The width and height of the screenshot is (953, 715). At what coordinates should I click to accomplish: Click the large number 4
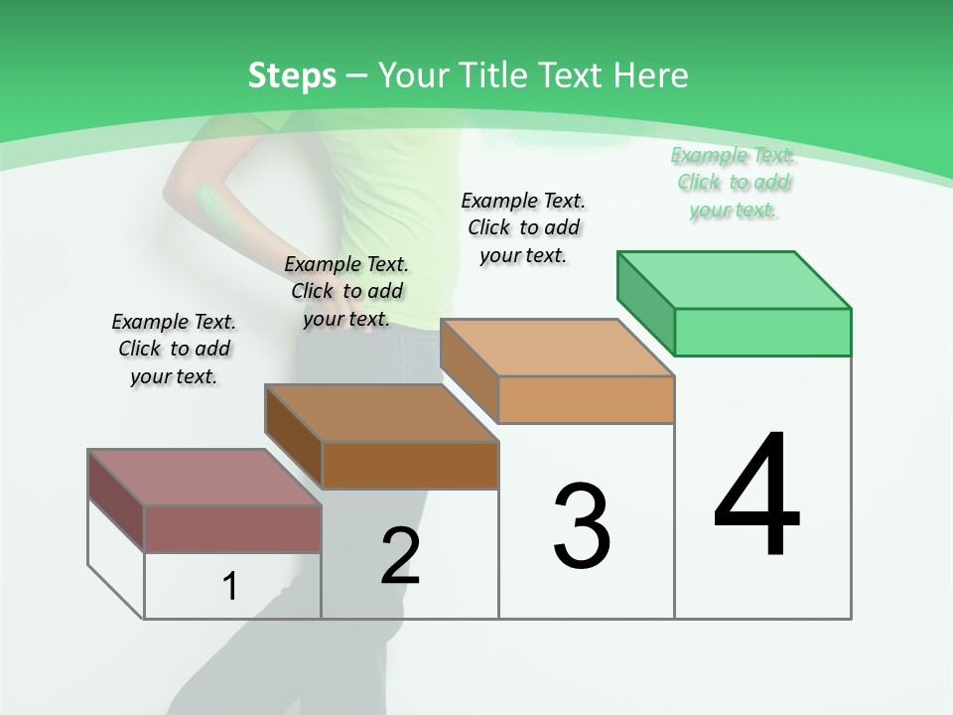pyautogui.click(x=757, y=496)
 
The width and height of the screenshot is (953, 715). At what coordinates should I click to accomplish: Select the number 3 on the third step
pyautogui.click(x=582, y=525)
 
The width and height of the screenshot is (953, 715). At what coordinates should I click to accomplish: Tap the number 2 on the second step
pyautogui.click(x=400, y=556)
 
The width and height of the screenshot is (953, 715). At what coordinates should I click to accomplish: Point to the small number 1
pyautogui.click(x=230, y=587)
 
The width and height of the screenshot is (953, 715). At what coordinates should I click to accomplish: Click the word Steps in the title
pyautogui.click(x=292, y=75)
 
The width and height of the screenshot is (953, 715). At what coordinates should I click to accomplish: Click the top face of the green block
pyautogui.click(x=735, y=280)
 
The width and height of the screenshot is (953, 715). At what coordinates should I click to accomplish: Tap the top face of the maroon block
pyautogui.click(x=204, y=478)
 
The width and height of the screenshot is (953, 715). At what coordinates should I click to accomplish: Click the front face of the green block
pyautogui.click(x=762, y=332)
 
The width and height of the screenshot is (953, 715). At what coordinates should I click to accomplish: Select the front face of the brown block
pyautogui.click(x=410, y=465)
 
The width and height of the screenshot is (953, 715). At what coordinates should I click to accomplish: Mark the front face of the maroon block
pyautogui.click(x=232, y=528)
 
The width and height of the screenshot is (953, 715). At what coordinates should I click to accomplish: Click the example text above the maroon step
pyautogui.click(x=174, y=349)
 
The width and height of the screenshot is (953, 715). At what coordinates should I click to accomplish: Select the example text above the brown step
pyautogui.click(x=346, y=291)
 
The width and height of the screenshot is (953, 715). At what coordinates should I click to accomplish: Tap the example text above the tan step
pyautogui.click(x=523, y=227)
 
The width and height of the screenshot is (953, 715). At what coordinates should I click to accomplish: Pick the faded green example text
pyautogui.click(x=734, y=182)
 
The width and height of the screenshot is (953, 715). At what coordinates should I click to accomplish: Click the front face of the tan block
pyautogui.click(x=586, y=399)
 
